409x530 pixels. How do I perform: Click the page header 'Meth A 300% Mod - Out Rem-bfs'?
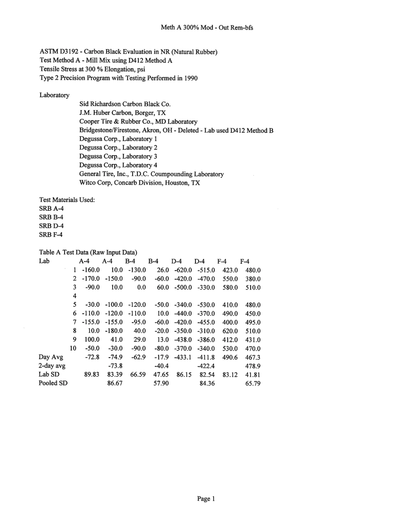(207, 28)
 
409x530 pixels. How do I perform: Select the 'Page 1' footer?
(206, 499)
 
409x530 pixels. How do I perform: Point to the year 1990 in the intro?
(191, 78)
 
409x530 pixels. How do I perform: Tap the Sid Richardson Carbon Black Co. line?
(125, 104)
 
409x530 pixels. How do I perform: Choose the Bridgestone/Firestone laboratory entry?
(176, 131)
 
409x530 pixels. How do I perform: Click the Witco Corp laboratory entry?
(139, 183)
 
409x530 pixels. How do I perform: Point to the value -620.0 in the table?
(183, 271)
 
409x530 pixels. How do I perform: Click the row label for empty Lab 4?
(74, 296)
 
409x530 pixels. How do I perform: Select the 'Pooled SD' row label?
(53, 383)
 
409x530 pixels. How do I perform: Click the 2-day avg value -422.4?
(206, 366)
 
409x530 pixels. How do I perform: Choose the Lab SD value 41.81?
(253, 375)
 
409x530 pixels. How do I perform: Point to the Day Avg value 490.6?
(230, 357)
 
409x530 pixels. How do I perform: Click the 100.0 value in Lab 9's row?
(92, 340)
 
